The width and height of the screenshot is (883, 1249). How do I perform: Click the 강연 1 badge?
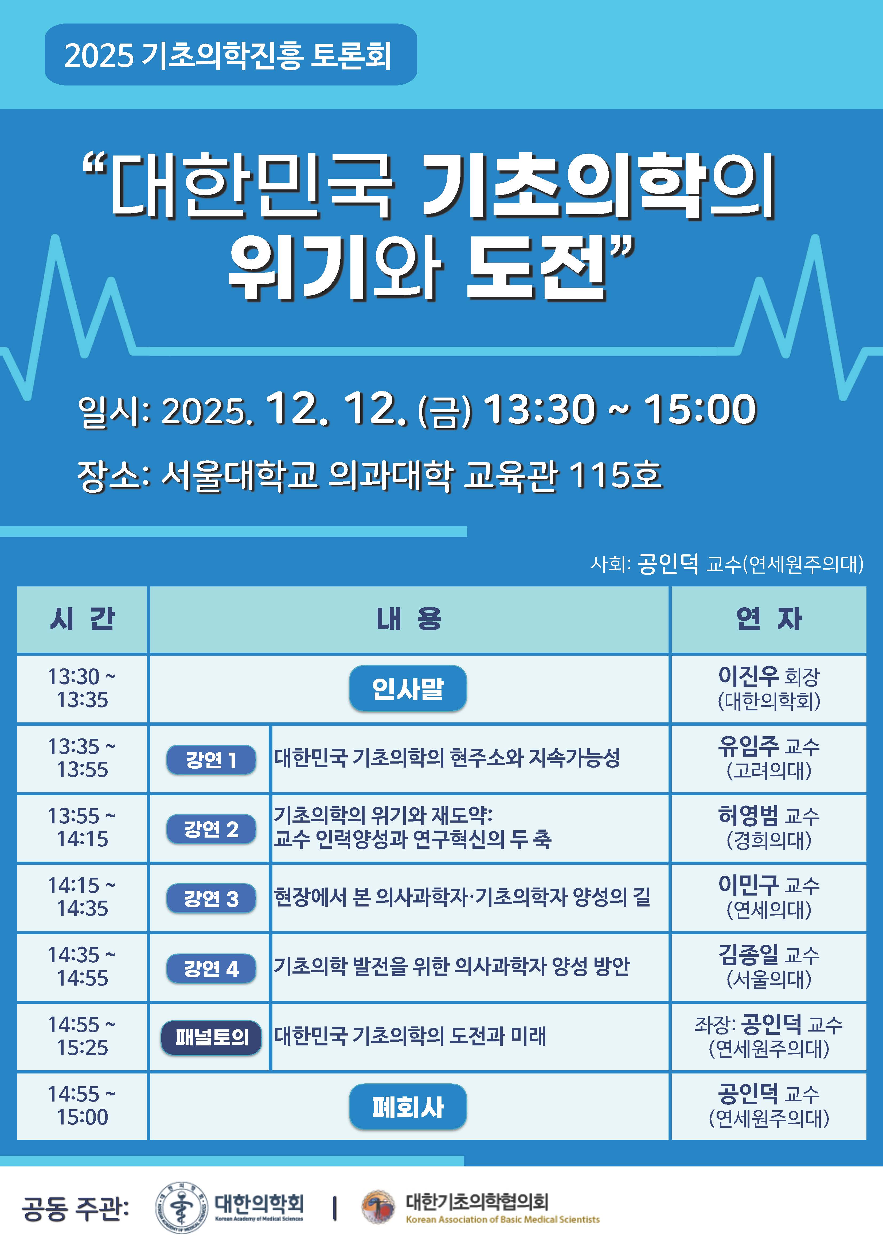(x=211, y=759)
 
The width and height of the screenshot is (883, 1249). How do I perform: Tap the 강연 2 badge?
(x=211, y=829)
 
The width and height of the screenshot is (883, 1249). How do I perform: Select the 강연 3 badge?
(x=211, y=899)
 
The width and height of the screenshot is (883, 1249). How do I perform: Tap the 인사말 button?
(x=408, y=689)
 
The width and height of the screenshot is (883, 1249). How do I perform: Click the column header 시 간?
(x=82, y=619)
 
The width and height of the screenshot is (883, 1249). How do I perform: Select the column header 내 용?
(x=409, y=619)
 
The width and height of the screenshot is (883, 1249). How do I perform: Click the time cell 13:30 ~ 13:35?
(x=82, y=689)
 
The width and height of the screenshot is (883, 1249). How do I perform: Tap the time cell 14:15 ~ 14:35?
(x=82, y=898)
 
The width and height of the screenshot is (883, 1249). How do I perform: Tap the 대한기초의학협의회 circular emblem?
(x=379, y=1207)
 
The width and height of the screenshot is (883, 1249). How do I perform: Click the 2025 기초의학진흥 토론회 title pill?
(x=230, y=55)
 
